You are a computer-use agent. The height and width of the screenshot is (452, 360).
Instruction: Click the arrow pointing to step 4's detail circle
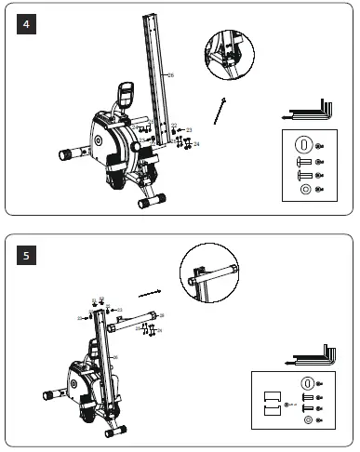tap(219, 110)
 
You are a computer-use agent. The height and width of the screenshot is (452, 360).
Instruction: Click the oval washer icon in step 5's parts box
tap(307, 383)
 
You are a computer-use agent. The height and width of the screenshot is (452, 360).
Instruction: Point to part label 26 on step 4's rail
tap(170, 73)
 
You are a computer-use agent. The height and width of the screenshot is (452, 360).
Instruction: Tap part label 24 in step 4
tap(196, 144)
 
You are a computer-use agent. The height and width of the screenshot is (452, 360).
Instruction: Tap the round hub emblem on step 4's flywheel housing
tap(100, 141)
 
